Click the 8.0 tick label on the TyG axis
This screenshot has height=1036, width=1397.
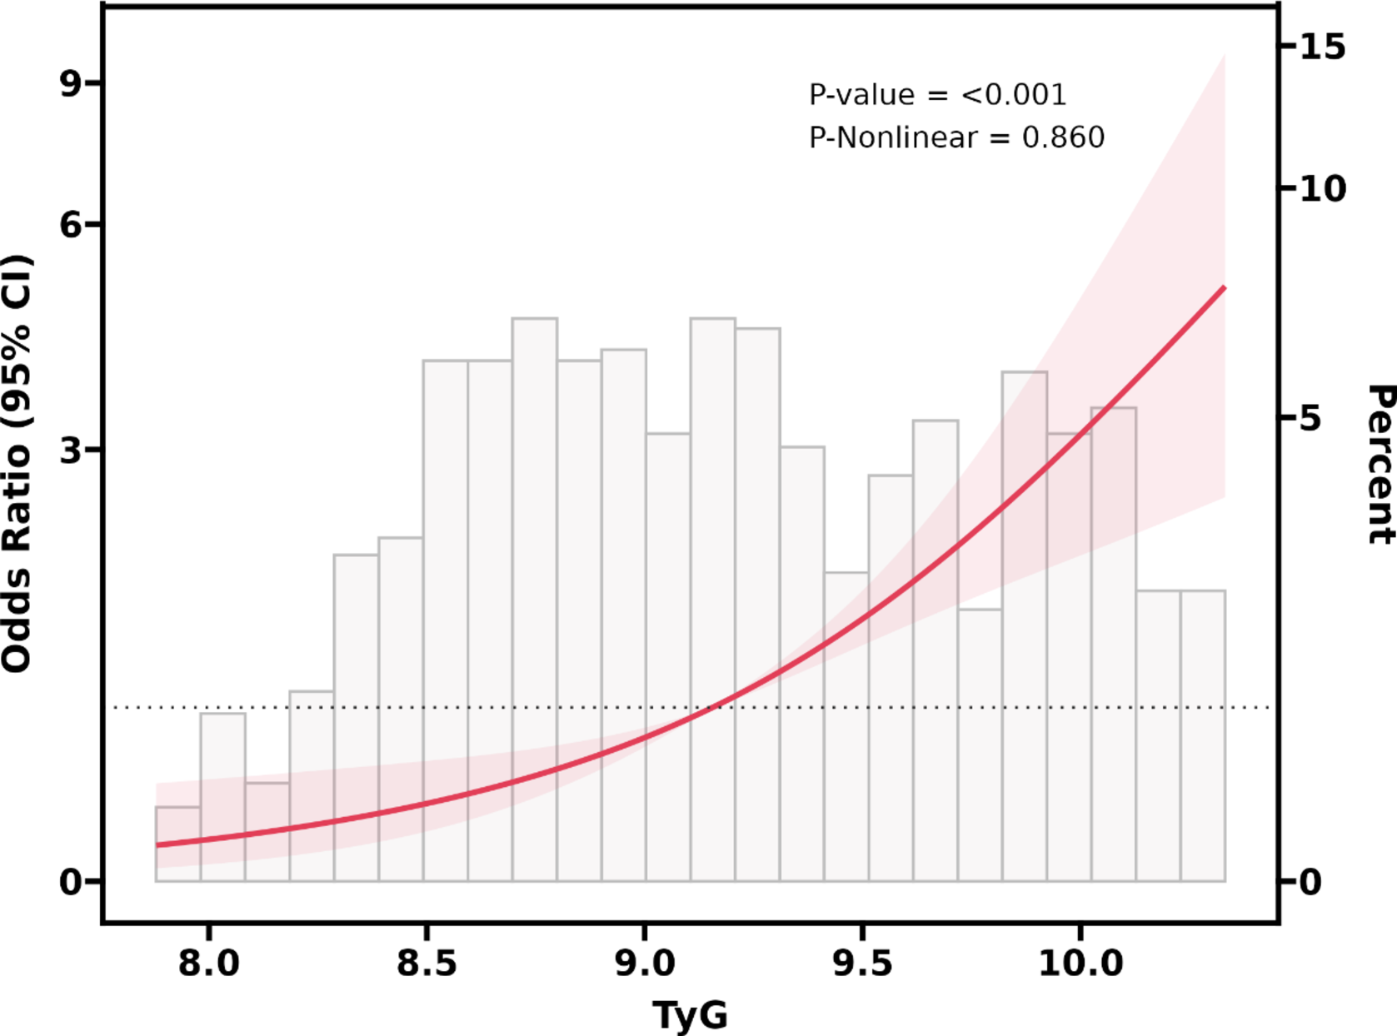tap(208, 964)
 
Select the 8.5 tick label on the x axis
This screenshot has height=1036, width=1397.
tap(427, 964)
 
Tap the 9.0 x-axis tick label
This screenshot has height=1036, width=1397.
tap(644, 964)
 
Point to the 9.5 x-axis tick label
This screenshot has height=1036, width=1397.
tap(862, 964)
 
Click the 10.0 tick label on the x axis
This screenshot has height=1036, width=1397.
tap(1080, 964)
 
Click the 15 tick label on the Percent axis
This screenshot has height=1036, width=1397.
tap(1323, 47)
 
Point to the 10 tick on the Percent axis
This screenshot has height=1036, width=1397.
tap(1323, 189)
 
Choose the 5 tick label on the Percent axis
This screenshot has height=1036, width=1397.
tap(1311, 418)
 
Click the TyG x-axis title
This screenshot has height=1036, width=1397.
tap(690, 1015)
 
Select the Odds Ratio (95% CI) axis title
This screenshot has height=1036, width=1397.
tap(17, 463)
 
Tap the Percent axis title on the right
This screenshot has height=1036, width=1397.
tap(1380, 464)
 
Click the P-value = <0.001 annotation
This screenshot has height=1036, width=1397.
tap(937, 95)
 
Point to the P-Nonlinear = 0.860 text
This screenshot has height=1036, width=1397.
tap(956, 137)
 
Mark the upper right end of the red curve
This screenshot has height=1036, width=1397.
tap(1224, 287)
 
